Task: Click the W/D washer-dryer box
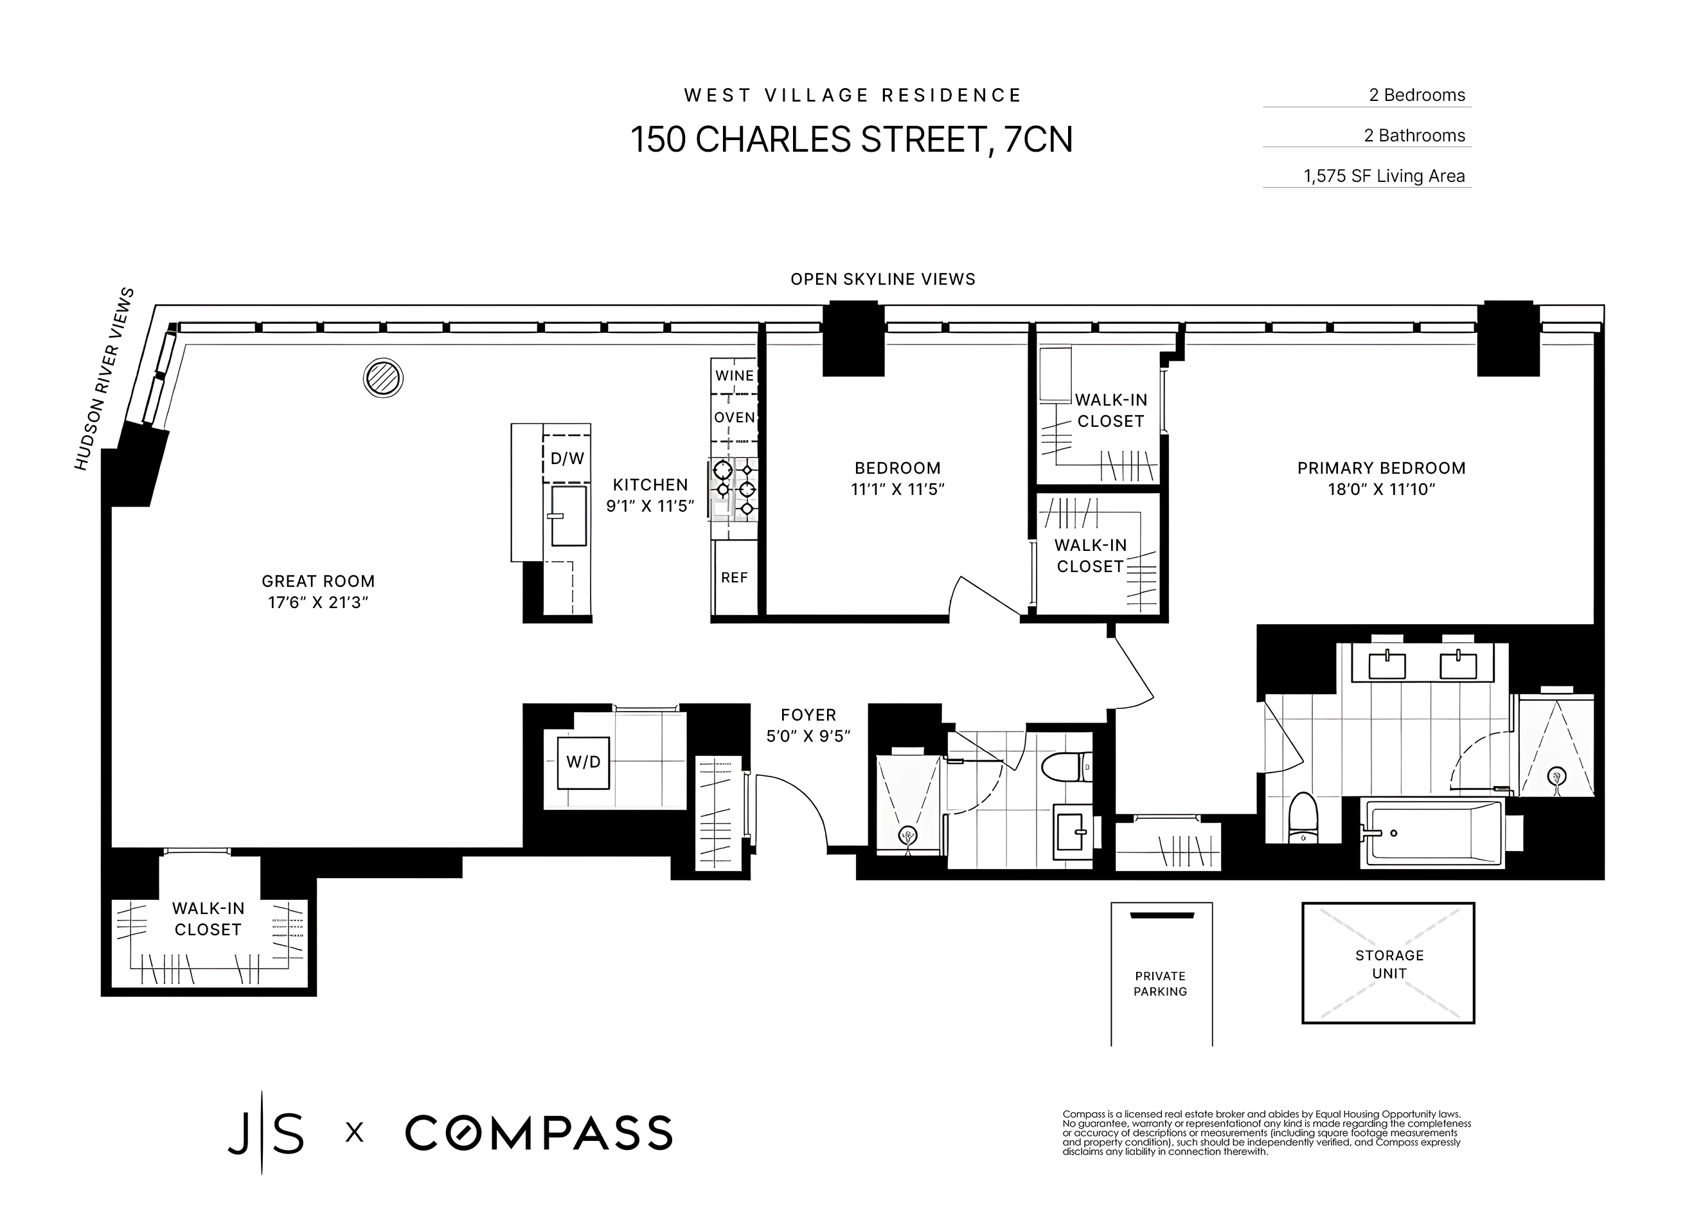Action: (x=583, y=762)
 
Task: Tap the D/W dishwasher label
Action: (x=567, y=458)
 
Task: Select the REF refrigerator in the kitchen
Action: (x=735, y=578)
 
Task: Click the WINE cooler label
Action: (x=735, y=375)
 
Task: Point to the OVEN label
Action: (x=735, y=418)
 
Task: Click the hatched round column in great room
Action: (x=383, y=378)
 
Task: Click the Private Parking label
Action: (x=1160, y=984)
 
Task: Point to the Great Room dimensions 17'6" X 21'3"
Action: (x=317, y=602)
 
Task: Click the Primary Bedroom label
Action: (x=1381, y=468)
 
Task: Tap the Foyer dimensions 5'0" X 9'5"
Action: (x=808, y=736)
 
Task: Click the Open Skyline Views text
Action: (x=882, y=280)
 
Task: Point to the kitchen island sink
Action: (x=569, y=516)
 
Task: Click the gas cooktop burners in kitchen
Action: (x=734, y=490)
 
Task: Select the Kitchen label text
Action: (x=650, y=485)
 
